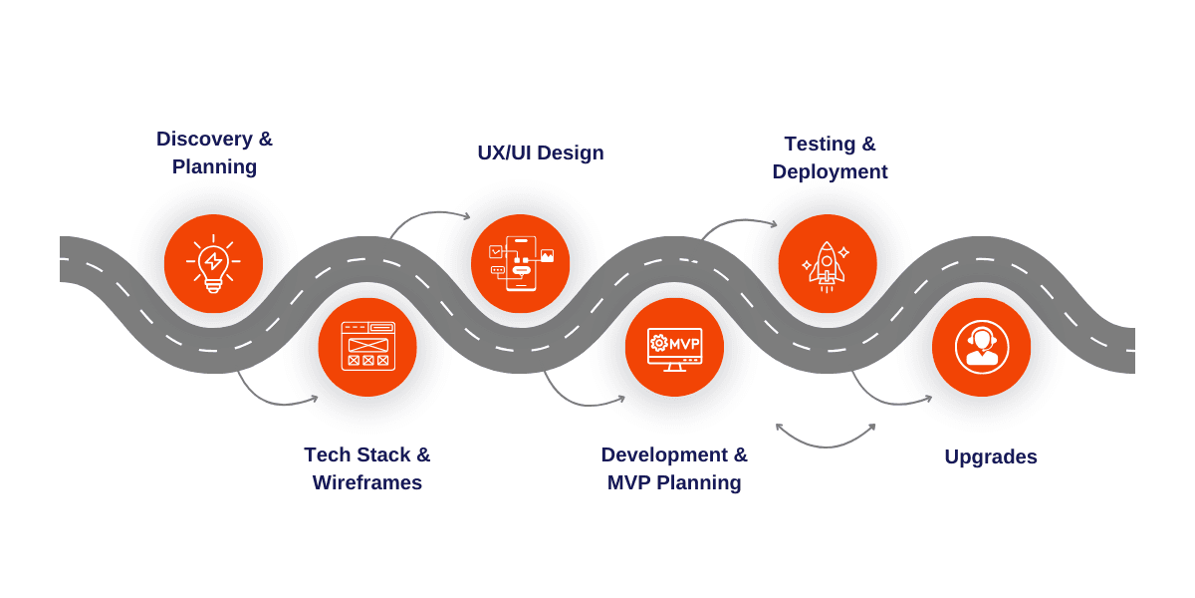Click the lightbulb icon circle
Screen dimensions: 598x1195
click(213, 264)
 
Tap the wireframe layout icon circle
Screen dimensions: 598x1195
click(367, 347)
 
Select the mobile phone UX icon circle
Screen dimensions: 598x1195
click(520, 264)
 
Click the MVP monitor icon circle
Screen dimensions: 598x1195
click(674, 347)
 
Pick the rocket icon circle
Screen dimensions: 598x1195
click(827, 264)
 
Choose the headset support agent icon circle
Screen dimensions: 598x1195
click(981, 347)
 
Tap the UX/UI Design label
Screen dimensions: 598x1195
click(540, 152)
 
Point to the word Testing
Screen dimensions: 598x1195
click(820, 144)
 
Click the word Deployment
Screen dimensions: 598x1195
click(830, 171)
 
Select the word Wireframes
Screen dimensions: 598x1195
click(366, 482)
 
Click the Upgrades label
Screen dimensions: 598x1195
click(990, 456)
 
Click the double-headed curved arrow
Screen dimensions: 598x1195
click(826, 440)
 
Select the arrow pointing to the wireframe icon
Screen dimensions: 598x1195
click(271, 399)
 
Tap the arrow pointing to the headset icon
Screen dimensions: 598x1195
click(886, 399)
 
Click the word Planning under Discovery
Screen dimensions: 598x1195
click(214, 166)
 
